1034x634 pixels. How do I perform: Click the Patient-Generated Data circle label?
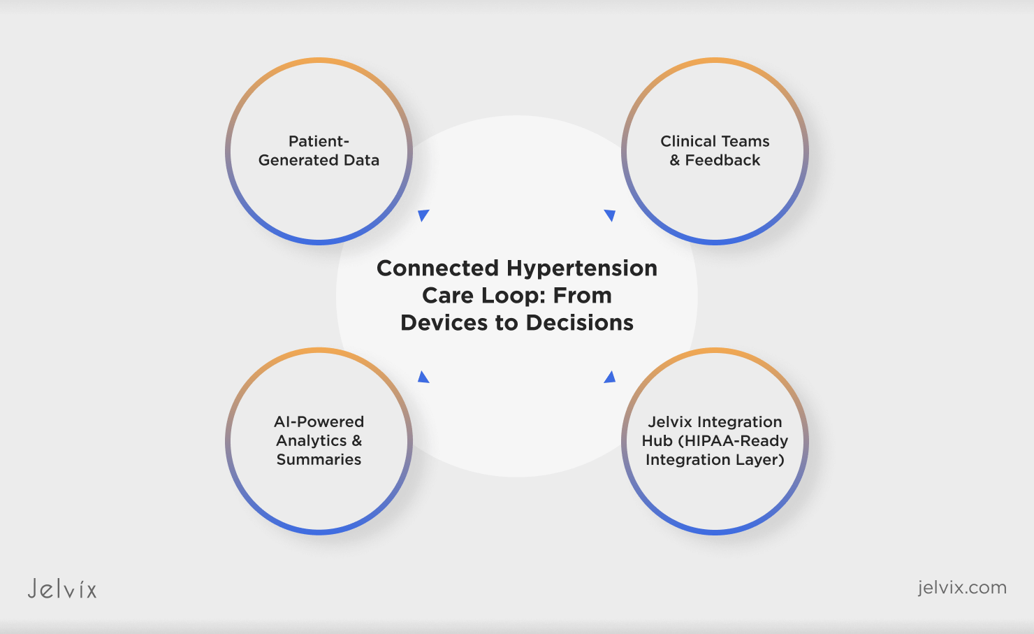(319, 151)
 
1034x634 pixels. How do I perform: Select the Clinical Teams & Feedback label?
(715, 151)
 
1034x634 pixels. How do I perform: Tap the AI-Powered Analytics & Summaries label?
(319, 440)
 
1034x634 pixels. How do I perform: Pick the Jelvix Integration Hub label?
(715, 440)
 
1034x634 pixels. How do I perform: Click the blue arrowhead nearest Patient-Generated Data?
(423, 215)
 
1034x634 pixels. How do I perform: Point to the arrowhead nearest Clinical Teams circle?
(610, 215)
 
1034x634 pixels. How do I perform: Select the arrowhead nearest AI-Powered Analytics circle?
(423, 377)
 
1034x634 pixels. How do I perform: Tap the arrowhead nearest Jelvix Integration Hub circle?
(610, 377)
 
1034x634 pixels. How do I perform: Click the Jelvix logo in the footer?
(62, 589)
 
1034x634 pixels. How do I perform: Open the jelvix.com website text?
(962, 587)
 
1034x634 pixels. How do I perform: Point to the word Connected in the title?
(437, 268)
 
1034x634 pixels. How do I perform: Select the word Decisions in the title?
(580, 323)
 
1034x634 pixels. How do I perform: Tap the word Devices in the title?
(444, 323)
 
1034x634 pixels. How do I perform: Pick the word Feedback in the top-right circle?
(722, 161)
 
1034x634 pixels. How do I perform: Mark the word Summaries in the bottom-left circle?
(319, 460)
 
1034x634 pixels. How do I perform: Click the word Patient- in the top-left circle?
(319, 141)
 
